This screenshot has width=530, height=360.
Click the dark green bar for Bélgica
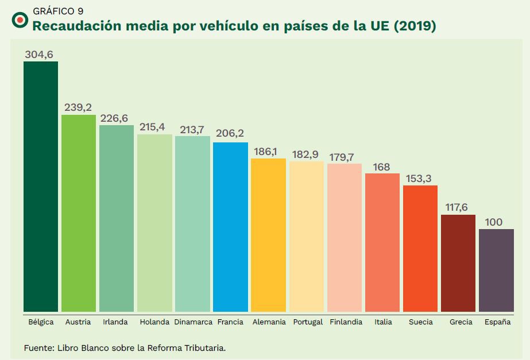[41, 187]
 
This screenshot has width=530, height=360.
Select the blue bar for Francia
[230, 227]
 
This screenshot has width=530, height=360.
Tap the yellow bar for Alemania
[268, 235]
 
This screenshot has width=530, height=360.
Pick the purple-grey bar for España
[496, 270]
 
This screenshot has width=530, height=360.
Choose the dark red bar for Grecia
[458, 263]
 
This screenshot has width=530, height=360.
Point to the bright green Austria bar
[79, 213]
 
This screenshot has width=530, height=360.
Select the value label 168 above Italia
[381, 167]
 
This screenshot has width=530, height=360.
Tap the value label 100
[495, 222]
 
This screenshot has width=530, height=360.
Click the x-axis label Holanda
[154, 322]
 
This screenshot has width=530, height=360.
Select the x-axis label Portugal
[308, 322]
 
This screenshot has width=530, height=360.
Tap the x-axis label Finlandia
[346, 322]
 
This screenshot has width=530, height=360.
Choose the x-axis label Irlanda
[115, 322]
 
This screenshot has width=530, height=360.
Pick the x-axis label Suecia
[421, 322]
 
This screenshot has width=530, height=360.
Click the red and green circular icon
[20, 20]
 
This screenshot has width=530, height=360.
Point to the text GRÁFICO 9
[58, 11]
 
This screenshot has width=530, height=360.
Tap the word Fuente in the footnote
[38, 348]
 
